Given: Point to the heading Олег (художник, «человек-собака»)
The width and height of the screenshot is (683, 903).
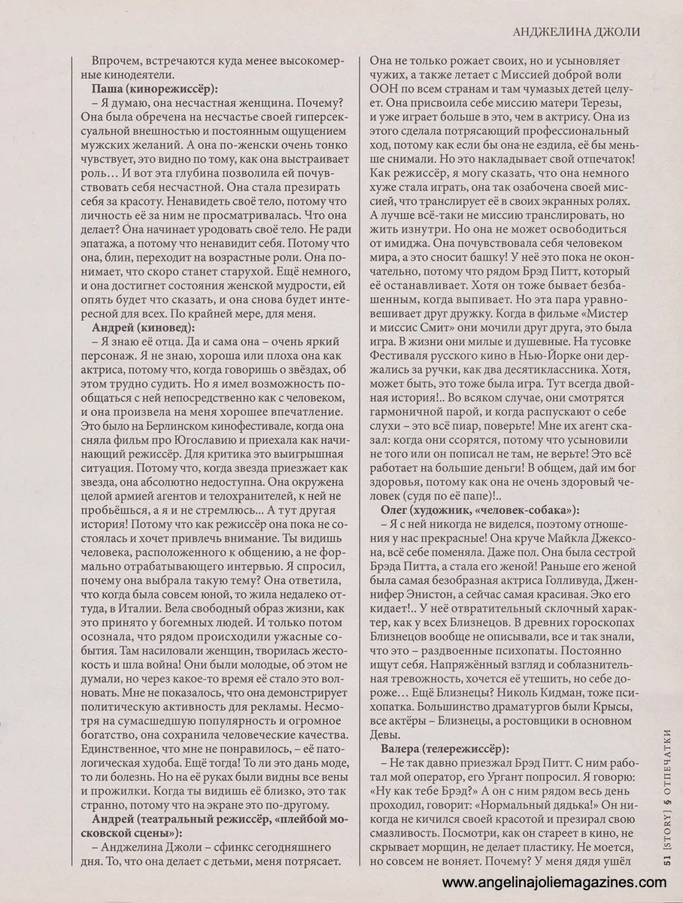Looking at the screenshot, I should (481, 509).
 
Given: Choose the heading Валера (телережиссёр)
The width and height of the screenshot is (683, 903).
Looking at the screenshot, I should (450, 749).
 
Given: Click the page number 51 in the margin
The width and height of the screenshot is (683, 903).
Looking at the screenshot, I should (667, 865).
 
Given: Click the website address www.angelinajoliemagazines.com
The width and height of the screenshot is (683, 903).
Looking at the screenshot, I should (558, 882).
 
